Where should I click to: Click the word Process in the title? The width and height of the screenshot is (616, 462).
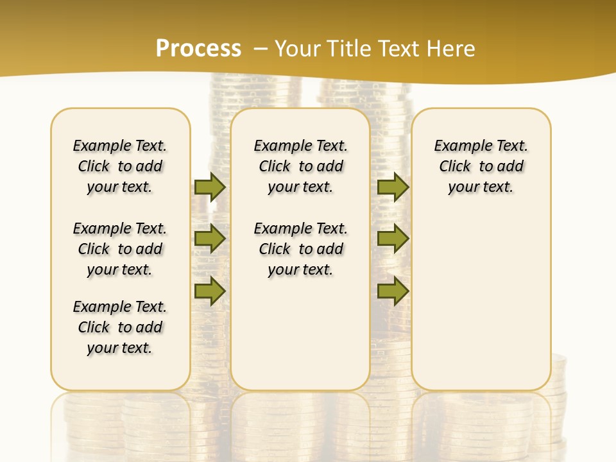[x=198, y=49]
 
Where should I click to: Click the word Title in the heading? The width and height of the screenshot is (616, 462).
[x=350, y=49]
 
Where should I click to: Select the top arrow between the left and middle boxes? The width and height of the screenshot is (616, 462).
[x=210, y=187]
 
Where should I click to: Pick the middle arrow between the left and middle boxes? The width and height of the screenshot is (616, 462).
[x=210, y=239]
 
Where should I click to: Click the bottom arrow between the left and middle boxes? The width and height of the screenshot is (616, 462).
[x=210, y=291]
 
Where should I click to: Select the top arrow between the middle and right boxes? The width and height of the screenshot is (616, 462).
[x=393, y=187]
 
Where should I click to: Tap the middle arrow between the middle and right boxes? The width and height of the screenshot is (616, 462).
[x=393, y=239]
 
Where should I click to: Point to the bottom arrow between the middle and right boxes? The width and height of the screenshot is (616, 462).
[x=393, y=291]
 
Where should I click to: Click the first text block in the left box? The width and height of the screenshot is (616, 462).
[x=120, y=166]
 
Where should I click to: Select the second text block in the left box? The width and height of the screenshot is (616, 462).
[x=120, y=249]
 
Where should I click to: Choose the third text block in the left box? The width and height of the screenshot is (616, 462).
[x=120, y=327]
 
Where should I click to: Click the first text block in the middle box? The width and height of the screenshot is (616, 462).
[x=300, y=166]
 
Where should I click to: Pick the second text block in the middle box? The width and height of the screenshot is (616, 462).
[x=300, y=249]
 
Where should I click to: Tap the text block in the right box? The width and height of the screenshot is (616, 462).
[x=481, y=166]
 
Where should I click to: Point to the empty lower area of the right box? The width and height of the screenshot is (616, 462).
[x=481, y=302]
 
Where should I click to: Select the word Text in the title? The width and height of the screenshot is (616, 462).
[x=398, y=49]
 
